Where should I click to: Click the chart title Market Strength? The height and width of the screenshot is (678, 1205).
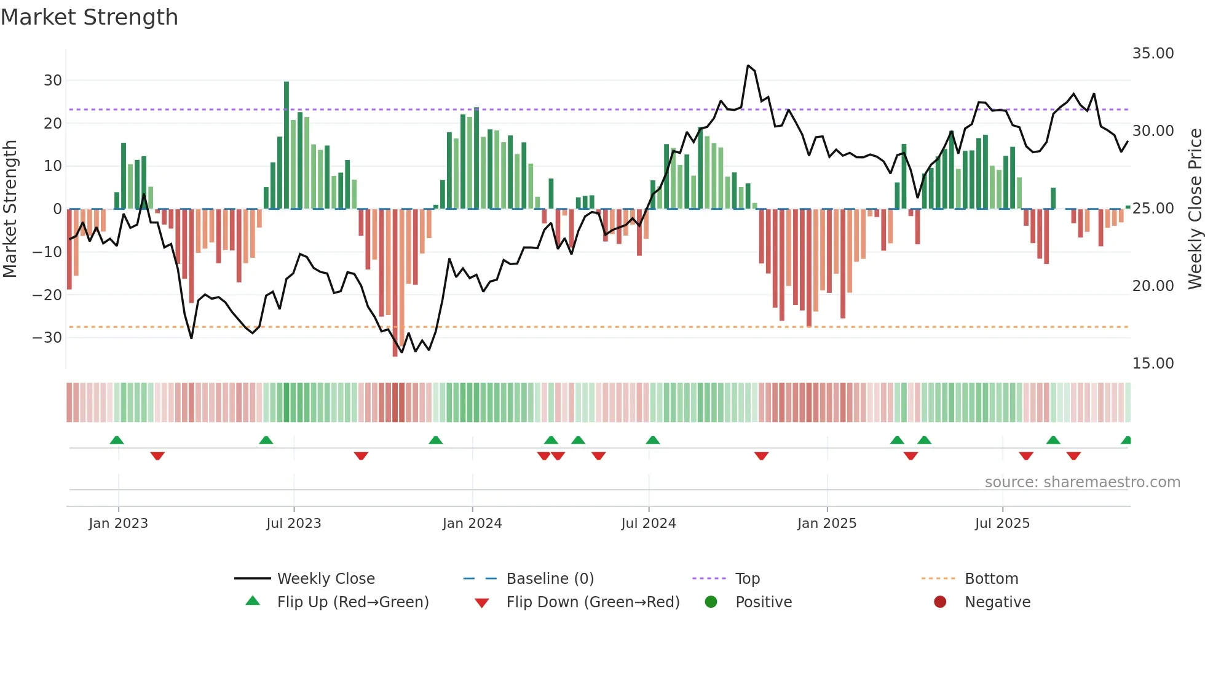point(89,17)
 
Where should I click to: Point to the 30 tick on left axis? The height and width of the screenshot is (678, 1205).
point(53,81)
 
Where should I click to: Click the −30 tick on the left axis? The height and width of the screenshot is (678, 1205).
point(47,338)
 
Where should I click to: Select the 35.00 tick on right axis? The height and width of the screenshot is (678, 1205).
point(1153,54)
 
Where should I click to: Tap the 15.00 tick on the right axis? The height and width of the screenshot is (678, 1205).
point(1153,364)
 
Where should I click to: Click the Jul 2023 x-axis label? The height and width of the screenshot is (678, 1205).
point(293,524)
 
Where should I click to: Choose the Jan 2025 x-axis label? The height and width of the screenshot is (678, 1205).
point(826,524)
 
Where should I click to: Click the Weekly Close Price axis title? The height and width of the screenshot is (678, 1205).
point(1195,209)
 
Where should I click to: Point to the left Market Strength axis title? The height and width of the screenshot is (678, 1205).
point(10,209)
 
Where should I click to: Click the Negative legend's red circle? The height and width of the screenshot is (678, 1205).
point(939,602)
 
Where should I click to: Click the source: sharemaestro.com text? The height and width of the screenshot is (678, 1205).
point(1082,482)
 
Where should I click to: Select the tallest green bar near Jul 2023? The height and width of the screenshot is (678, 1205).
point(286,145)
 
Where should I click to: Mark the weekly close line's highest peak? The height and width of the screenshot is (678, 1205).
point(748,66)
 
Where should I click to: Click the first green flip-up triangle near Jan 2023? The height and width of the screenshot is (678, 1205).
point(117,440)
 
